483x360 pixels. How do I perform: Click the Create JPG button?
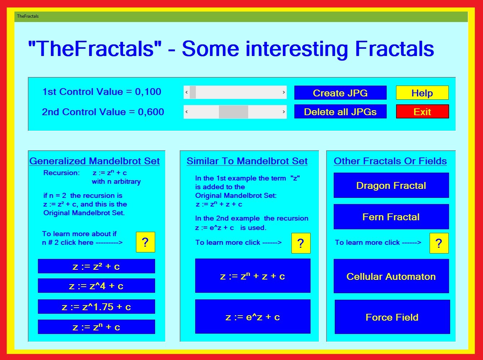pos(341,93)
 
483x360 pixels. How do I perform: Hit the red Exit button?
pos(422,112)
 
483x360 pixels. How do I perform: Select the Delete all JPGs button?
pos(341,112)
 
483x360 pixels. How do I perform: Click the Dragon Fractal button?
pos(391,185)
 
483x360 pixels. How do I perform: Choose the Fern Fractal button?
pos(391,217)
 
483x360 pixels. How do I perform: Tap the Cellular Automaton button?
pos(391,276)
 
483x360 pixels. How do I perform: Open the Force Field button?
pos(392,317)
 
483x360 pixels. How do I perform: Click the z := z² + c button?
pos(96,266)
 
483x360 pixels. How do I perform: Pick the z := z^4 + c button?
pos(96,286)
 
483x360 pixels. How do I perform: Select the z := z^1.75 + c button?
pos(96,307)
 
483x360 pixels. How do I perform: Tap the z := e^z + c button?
pos(253,317)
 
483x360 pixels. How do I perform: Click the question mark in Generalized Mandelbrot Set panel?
pos(145,242)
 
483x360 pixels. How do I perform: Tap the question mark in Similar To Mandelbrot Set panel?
pos(301,243)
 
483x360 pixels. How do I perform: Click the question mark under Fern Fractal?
pos(439,243)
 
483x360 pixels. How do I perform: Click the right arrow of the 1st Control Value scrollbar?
pos(284,92)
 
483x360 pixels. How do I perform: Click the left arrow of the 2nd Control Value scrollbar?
pos(186,112)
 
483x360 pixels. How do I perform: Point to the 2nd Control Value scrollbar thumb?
pos(233,112)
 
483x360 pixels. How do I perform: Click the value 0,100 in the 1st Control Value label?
pos(148,92)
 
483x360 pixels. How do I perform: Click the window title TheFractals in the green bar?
pos(28,16)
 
